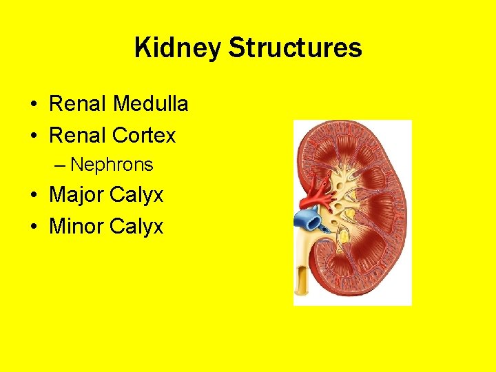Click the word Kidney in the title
pos(178,48)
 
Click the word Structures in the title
pos(295,48)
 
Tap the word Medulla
pos(151,104)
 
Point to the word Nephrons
pos(112,165)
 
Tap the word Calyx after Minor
pos(139,227)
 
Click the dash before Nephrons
pos(61,165)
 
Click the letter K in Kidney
pos(143,48)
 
